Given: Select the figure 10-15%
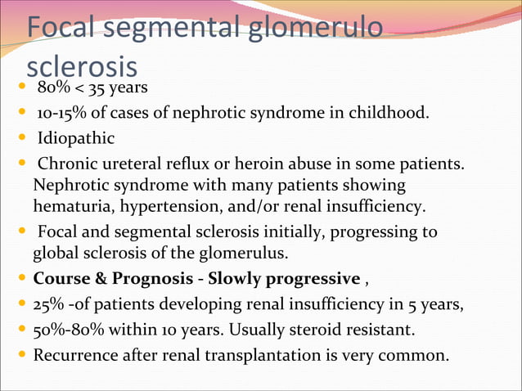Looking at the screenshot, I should tap(61, 112).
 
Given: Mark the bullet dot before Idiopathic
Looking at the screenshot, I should tap(20, 137).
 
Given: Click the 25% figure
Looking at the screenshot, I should tap(48, 305).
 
